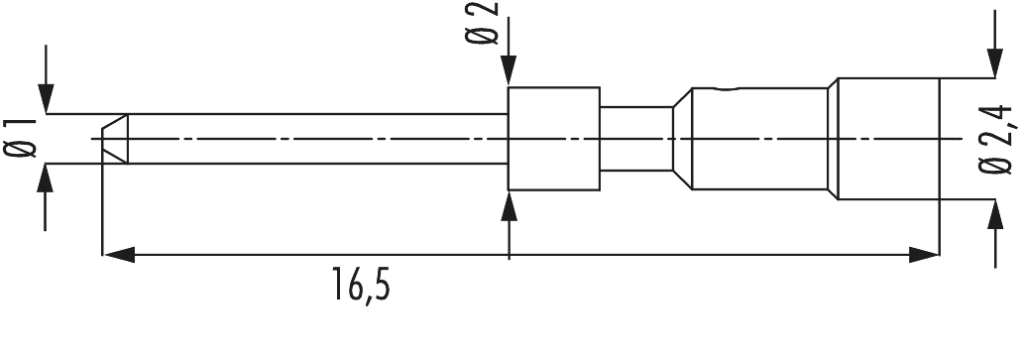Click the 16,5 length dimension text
tap(360, 288)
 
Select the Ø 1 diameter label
tap(22, 138)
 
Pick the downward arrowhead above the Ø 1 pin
tap(45, 99)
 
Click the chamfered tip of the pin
tap(115, 138)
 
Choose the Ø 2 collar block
tap(553, 138)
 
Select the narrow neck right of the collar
tap(634, 138)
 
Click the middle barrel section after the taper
tap(758, 138)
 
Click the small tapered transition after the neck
tap(681, 138)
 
